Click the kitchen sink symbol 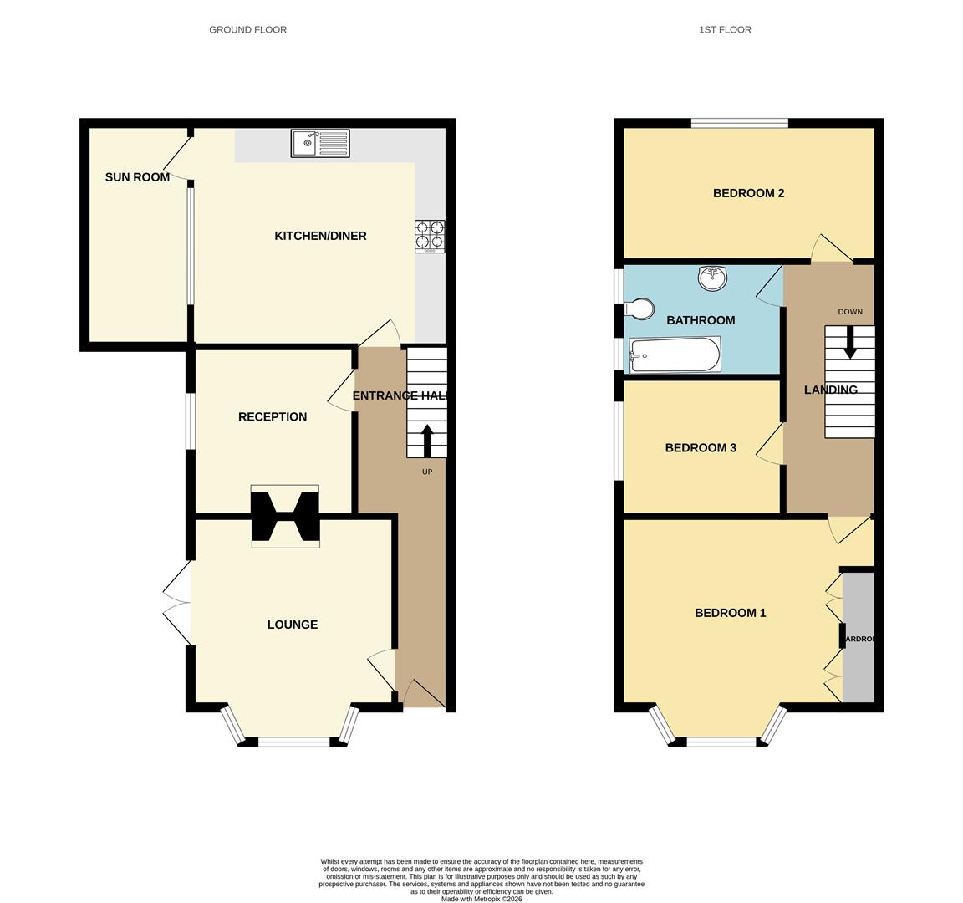click(x=320, y=143)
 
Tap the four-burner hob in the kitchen click(x=430, y=236)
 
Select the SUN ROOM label click(x=137, y=177)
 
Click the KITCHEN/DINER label click(x=320, y=236)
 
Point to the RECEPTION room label click(x=273, y=416)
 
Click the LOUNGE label click(x=293, y=625)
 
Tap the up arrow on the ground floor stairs click(x=427, y=441)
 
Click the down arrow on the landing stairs click(x=850, y=342)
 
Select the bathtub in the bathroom click(x=675, y=355)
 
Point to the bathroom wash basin click(x=713, y=278)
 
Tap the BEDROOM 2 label click(x=748, y=193)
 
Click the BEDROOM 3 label click(x=701, y=448)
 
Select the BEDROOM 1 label click(x=730, y=613)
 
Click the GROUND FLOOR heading click(x=247, y=30)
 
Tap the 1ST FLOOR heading click(x=725, y=30)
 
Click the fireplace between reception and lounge click(x=285, y=517)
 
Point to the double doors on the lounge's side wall click(x=177, y=602)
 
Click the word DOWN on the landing click(x=850, y=312)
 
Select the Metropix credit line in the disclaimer click(x=481, y=899)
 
